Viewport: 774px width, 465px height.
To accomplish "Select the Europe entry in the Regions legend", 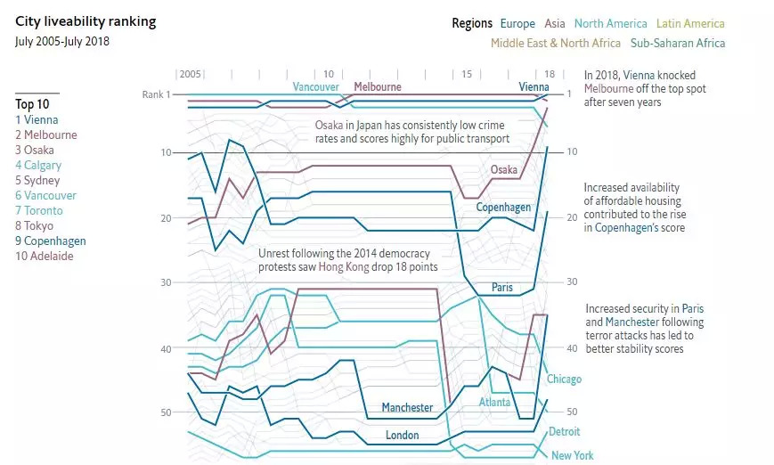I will (517, 24).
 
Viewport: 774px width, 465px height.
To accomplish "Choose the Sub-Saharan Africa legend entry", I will (678, 43).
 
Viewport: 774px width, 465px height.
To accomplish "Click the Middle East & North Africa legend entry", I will (556, 43).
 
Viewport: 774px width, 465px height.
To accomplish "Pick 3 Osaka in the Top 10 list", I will (35, 150).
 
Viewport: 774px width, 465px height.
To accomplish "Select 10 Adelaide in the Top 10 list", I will (44, 256).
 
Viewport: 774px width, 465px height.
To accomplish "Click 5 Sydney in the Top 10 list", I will (37, 180).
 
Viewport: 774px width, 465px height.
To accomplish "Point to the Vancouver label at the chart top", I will (315, 87).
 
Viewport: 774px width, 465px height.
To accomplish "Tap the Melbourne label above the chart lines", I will (378, 87).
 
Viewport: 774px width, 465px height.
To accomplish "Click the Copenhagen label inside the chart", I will (503, 208).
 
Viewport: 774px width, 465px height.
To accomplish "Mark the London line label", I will (402, 436).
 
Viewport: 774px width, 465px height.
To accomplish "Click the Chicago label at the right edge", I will (564, 379).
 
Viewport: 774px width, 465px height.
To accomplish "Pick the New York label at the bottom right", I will (572, 456).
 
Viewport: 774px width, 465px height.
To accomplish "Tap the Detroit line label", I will (564, 432).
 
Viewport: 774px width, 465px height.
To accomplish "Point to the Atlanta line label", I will (494, 403).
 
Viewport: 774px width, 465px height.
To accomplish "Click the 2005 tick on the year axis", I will (191, 74).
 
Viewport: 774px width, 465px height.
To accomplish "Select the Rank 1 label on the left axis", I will (155, 94).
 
